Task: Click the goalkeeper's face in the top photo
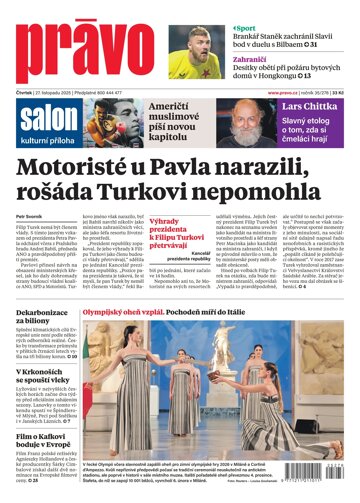200,42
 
